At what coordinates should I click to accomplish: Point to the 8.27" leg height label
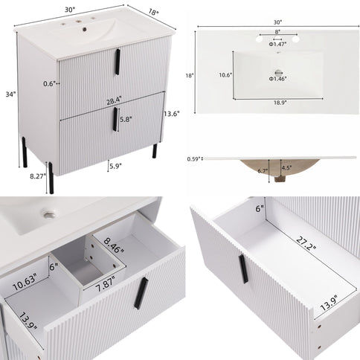(x=36, y=178)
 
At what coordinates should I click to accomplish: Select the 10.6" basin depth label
(x=225, y=74)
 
